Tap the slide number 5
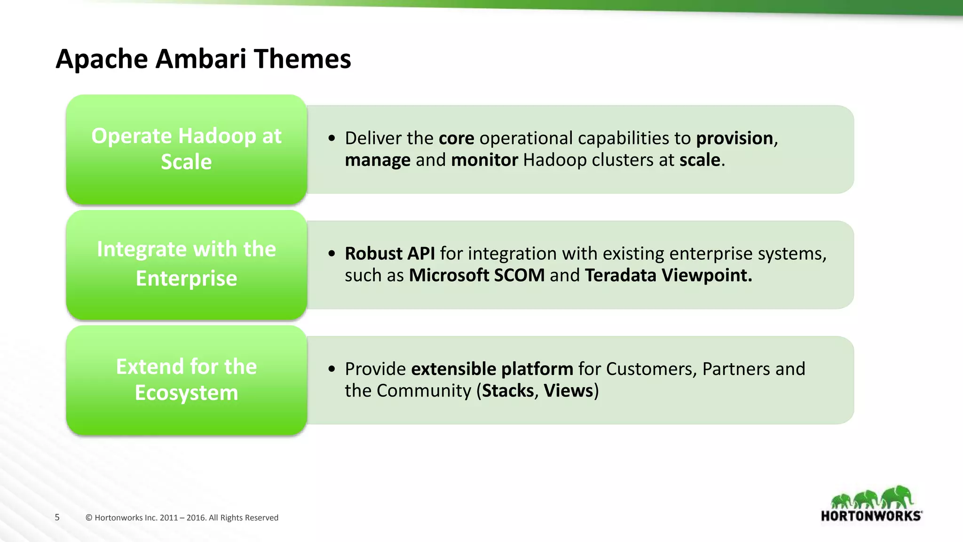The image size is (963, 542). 57,518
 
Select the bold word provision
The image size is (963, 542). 734,138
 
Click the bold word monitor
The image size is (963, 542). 484,160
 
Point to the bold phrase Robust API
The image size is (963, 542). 390,254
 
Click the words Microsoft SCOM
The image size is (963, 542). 477,275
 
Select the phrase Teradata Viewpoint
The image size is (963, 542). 668,275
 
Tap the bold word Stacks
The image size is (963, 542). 508,391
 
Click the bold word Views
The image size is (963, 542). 568,391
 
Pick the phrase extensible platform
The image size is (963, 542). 492,369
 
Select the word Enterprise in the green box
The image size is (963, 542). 186,279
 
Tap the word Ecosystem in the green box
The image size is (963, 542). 186,393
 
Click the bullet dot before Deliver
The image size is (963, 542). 332,139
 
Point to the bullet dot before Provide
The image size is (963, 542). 332,369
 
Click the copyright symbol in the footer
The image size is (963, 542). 89,518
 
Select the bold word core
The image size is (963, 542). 456,138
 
